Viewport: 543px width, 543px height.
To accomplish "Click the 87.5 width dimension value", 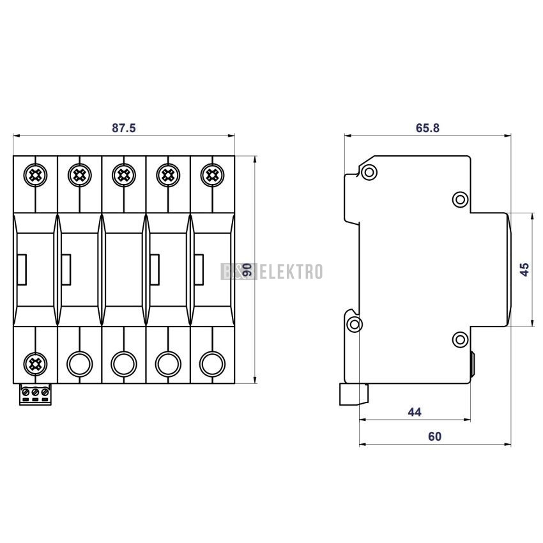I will point(124,128).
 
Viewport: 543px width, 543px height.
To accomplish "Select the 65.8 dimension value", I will point(427,128).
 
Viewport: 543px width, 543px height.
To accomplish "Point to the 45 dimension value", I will point(524,270).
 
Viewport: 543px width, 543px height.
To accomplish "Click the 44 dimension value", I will point(415,412).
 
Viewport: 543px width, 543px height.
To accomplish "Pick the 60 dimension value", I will point(434,437).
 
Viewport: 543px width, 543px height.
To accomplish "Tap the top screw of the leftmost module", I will point(34,173).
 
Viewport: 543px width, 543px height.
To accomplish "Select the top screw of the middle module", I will point(123,173).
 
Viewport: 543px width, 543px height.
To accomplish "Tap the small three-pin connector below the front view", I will point(36,394).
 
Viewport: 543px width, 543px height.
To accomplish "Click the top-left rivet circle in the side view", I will point(369,172).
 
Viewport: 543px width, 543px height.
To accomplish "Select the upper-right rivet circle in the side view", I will point(459,199).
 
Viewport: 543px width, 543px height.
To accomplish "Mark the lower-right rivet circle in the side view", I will point(459,339).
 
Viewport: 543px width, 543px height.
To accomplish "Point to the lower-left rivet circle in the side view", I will point(354,323).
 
